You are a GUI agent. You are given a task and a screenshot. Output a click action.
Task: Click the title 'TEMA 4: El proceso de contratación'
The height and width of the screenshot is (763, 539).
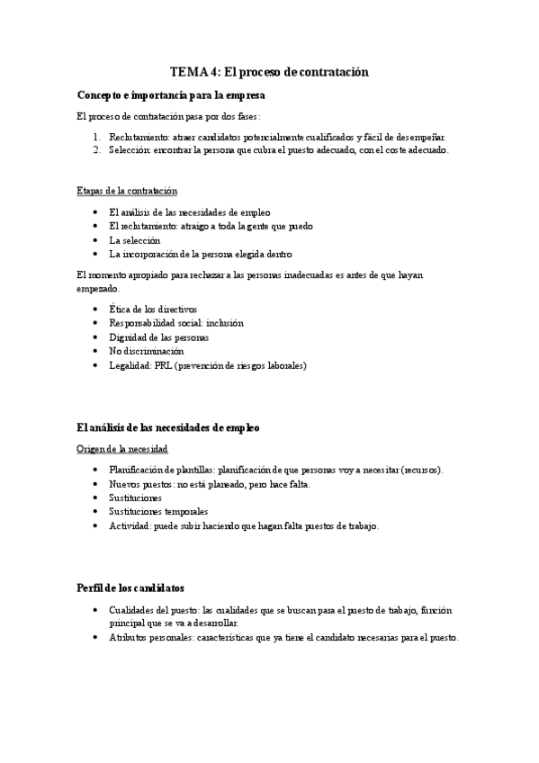tap(270, 71)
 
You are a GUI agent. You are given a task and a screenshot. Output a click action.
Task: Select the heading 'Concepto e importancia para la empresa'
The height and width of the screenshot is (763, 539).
tap(171, 94)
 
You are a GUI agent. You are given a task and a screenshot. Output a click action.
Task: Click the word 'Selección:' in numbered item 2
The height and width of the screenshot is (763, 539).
tap(131, 150)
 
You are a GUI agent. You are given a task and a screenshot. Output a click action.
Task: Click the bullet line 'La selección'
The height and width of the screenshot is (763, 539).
tap(134, 240)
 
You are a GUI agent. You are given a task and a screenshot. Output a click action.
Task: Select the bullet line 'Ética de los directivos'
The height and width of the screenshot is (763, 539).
tap(152, 309)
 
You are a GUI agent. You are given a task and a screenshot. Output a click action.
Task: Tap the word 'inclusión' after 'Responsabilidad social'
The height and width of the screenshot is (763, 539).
tap(223, 322)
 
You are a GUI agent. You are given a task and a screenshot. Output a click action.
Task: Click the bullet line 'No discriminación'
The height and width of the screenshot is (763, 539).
tap(146, 351)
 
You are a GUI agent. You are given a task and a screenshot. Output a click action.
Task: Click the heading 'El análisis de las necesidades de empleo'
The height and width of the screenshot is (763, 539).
tap(168, 427)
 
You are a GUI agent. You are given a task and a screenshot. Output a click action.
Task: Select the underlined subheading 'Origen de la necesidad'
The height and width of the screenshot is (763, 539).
tap(122, 448)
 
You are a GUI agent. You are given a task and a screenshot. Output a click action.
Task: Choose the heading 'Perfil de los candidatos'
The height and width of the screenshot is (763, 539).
tap(131, 588)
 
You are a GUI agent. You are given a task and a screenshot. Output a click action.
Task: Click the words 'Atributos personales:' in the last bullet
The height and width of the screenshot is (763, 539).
tap(153, 638)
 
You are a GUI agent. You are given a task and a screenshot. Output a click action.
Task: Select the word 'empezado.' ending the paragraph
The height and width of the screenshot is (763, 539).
tap(97, 289)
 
